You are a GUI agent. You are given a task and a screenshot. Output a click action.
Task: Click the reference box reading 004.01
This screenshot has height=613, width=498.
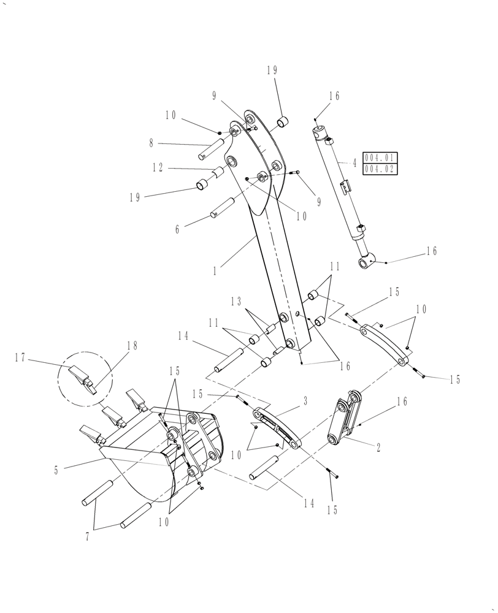tap(380, 158)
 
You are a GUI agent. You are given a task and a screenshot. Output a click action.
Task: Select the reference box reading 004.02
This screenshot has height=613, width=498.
tap(380, 169)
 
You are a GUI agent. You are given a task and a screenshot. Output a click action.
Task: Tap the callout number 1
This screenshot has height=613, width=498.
tap(215, 270)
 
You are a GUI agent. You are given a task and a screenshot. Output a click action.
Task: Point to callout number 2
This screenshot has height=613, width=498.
tap(378, 448)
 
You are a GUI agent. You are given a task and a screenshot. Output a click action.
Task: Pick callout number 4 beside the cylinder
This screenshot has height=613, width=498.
tap(354, 164)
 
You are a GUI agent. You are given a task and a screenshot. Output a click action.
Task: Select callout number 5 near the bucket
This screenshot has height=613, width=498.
tap(56, 471)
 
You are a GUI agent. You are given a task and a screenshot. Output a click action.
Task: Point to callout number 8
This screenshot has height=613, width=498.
tap(151, 143)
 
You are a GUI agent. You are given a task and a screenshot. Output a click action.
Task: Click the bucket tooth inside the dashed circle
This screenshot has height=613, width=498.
tap(81, 375)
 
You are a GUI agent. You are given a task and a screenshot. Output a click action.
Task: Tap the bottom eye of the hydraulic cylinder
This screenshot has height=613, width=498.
tap(367, 263)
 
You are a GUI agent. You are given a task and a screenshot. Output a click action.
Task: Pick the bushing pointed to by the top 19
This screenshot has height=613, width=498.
tap(283, 122)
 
